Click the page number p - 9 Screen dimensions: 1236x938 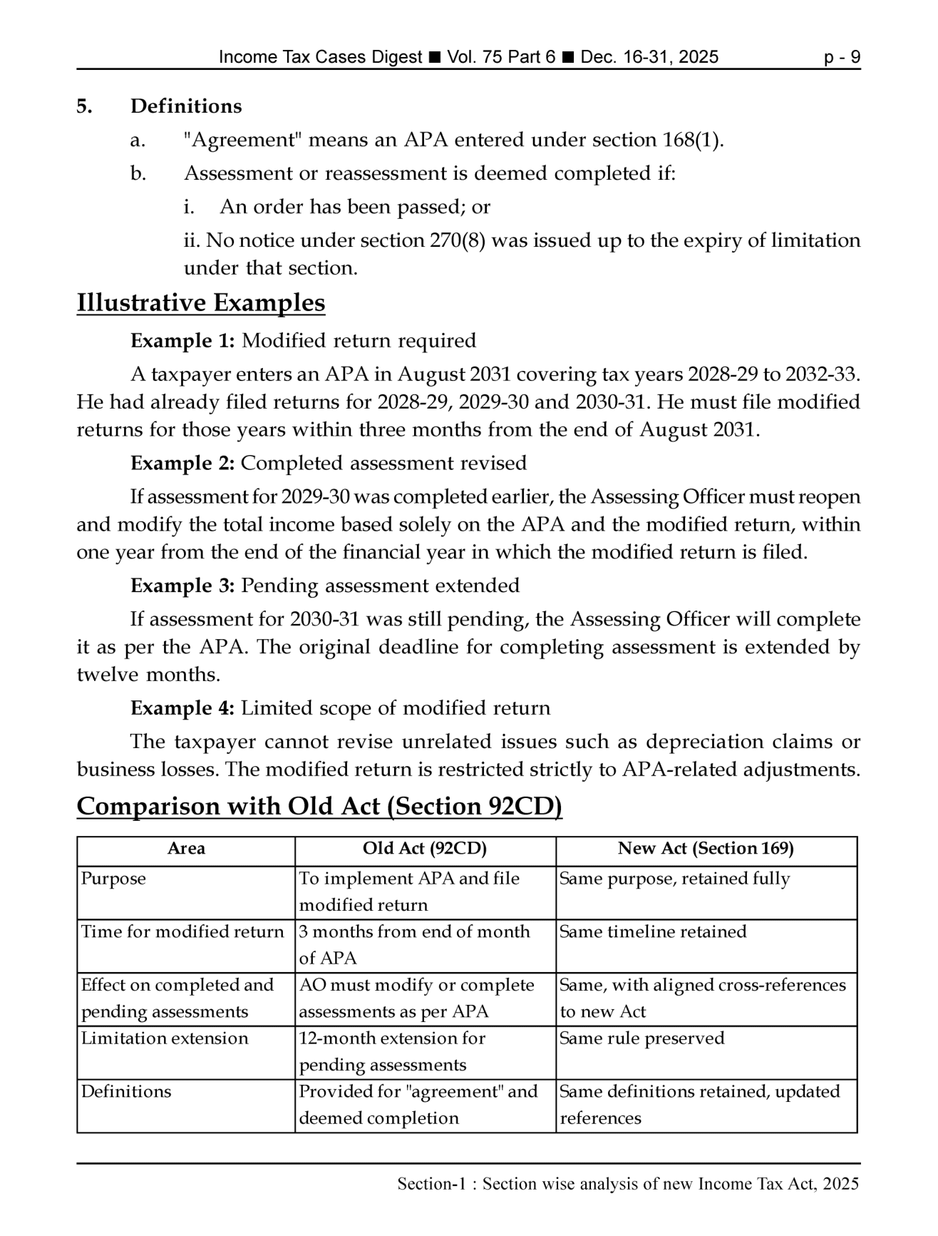pos(842,57)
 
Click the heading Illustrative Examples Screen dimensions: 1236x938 pos(200,303)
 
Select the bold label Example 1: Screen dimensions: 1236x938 pos(182,341)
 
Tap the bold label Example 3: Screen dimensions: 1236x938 pos(182,586)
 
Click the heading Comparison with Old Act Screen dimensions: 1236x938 pos(319,807)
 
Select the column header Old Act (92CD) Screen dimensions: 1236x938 pos(425,849)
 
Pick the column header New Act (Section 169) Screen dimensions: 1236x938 pos(706,849)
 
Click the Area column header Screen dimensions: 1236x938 pos(186,849)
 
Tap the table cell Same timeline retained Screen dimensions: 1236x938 pos(653,932)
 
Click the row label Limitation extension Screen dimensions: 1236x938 pos(165,1038)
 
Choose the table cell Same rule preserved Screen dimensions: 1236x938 pos(641,1038)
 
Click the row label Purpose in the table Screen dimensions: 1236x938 pos(113,879)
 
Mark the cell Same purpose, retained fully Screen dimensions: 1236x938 pos(674,879)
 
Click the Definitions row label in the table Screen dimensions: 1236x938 pos(126,1092)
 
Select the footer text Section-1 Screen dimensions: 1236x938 pos(435,1185)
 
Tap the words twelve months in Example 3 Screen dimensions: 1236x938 pos(148,675)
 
